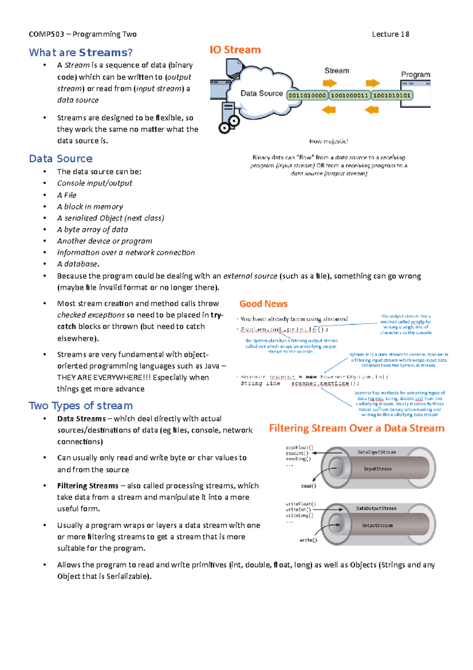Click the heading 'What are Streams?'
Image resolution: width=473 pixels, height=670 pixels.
pyautogui.click(x=80, y=52)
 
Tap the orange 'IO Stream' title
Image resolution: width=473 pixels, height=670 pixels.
pyautogui.click(x=235, y=50)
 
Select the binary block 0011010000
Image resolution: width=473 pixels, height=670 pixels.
pyautogui.click(x=307, y=95)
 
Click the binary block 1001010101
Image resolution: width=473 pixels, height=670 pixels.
pyautogui.click(x=392, y=95)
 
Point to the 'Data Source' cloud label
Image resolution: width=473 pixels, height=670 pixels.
pyautogui.click(x=261, y=94)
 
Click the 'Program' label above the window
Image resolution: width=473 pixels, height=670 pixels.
pyautogui.click(x=415, y=75)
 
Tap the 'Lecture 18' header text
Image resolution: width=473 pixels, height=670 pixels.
pyautogui.click(x=390, y=34)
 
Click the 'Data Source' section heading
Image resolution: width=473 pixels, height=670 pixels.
pyautogui.click(x=61, y=159)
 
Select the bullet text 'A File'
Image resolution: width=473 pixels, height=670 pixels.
pyautogui.click(x=67, y=195)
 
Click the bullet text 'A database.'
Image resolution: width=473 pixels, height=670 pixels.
pyautogui.click(x=78, y=264)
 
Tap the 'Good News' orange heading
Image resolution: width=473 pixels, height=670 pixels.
pyautogui.click(x=263, y=304)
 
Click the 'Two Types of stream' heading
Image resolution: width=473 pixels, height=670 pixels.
pyautogui.click(x=80, y=406)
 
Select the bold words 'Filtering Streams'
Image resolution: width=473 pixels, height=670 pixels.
pyautogui.click(x=88, y=486)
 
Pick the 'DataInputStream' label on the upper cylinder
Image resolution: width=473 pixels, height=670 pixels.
pyautogui.click(x=376, y=452)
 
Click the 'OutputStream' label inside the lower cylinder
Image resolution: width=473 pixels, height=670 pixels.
pyautogui.click(x=377, y=526)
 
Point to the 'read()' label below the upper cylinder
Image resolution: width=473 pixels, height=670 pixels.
pyautogui.click(x=309, y=486)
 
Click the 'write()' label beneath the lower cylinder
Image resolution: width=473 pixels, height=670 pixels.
pyautogui.click(x=308, y=540)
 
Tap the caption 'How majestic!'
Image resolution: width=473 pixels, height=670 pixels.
pyautogui.click(x=328, y=141)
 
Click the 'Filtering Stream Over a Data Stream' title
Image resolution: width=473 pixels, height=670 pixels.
pyautogui.click(x=357, y=429)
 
